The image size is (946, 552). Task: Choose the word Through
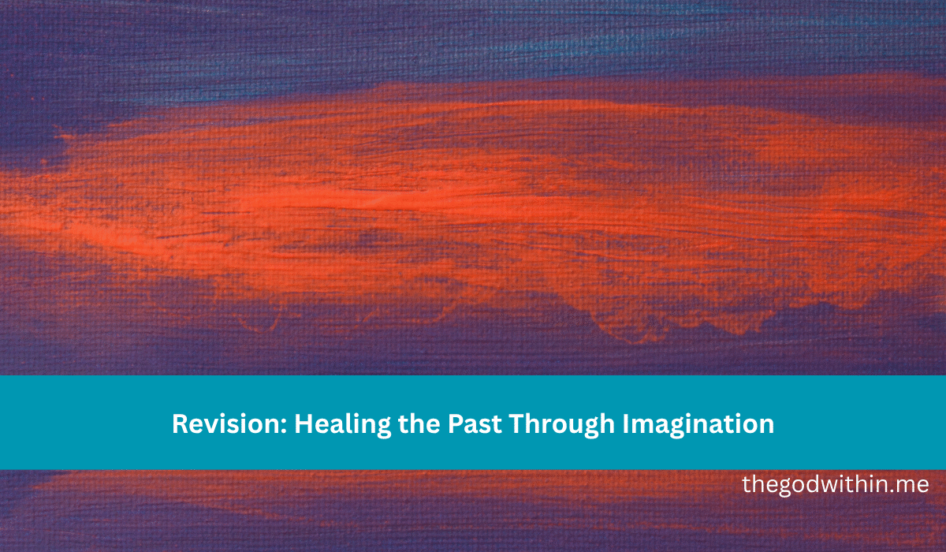[561, 424]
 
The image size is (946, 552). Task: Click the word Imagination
[698, 424]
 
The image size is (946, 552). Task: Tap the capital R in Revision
[179, 424]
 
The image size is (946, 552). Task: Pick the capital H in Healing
[303, 424]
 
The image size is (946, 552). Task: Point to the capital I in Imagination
[626, 424]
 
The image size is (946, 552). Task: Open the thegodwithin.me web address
[835, 484]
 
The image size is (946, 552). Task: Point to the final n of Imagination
[766, 426]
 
